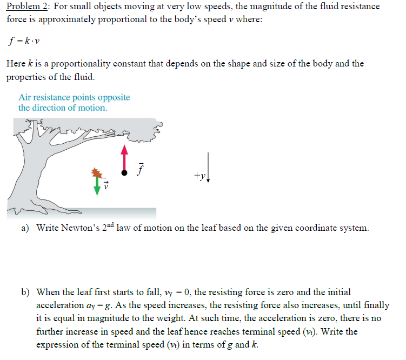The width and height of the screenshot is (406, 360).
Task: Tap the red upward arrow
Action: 124,156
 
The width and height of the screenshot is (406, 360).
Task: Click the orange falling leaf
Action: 97,173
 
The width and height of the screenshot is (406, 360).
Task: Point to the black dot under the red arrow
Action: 124,173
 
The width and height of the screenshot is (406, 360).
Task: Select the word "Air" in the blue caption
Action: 25,97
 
